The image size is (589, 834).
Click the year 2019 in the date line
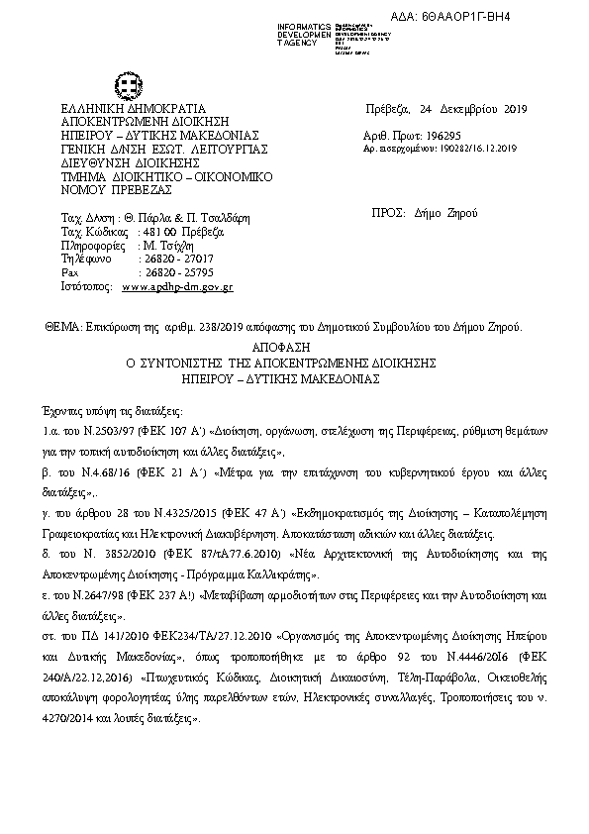click(514, 108)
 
